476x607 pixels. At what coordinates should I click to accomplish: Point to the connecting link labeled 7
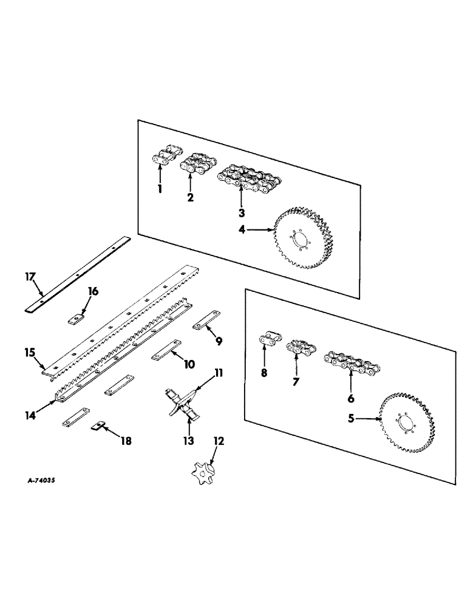click(x=297, y=350)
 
